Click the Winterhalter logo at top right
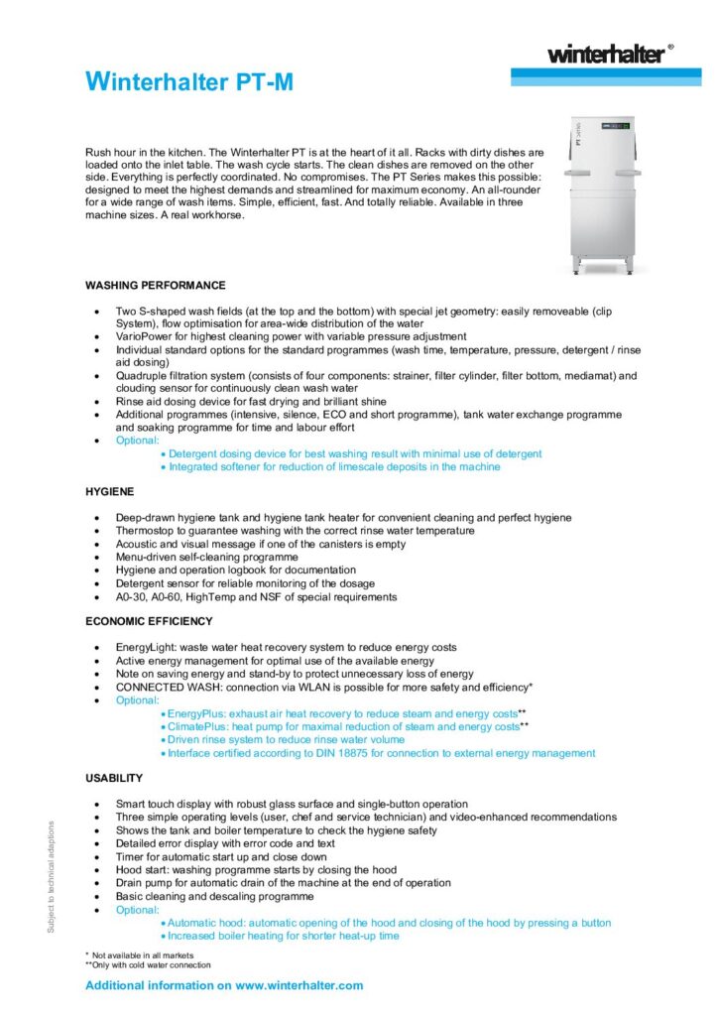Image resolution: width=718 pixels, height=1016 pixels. coord(607,54)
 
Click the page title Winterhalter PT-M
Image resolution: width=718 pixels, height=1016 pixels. coord(189,82)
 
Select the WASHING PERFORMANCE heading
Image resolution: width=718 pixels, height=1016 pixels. coord(156,285)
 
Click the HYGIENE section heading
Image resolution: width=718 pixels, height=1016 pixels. coord(110,491)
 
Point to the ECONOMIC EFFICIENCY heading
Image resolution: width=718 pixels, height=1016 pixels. coord(149,621)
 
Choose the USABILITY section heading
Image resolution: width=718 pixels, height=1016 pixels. coord(114,778)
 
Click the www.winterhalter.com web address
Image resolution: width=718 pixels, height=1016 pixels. coord(299,985)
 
